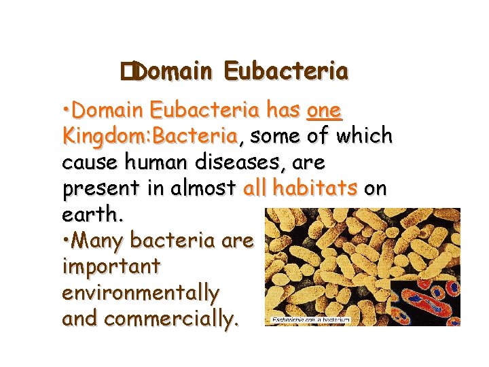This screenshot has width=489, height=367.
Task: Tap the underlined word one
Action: pos(324,110)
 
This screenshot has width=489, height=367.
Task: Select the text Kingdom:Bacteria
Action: pos(149,136)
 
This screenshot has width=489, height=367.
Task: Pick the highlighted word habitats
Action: pos(316,188)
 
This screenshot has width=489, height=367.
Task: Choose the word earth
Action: pos(92,215)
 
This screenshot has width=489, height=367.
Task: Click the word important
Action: pos(111,266)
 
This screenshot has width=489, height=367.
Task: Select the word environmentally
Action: pos(140,293)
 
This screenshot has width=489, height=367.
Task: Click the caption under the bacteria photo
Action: pos(310,319)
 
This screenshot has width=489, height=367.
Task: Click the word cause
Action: pos(87,162)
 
